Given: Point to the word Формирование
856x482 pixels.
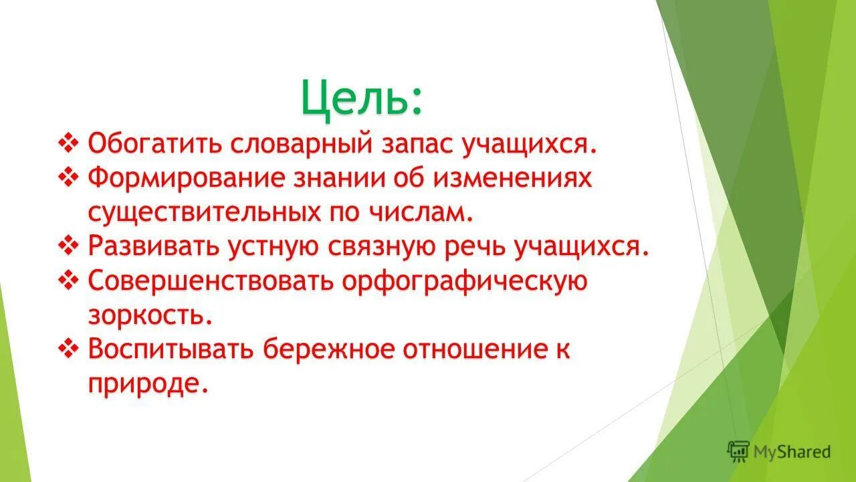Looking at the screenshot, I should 187,179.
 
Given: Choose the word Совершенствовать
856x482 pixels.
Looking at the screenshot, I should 210,282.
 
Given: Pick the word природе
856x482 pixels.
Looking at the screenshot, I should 144,385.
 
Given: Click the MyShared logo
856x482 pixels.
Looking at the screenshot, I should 778,452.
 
